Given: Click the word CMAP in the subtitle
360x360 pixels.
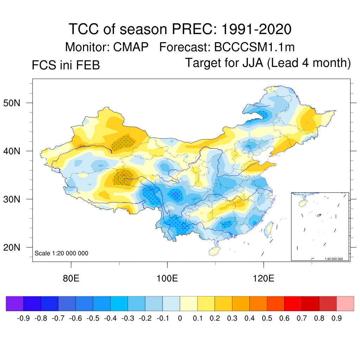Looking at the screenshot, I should [131, 47].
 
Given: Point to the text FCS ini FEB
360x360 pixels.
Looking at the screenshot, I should [66, 65].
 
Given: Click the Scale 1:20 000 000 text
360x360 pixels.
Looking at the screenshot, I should [62, 253].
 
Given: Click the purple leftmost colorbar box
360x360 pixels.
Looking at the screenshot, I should [14, 303].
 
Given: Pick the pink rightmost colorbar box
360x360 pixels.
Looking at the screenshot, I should [345, 303].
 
